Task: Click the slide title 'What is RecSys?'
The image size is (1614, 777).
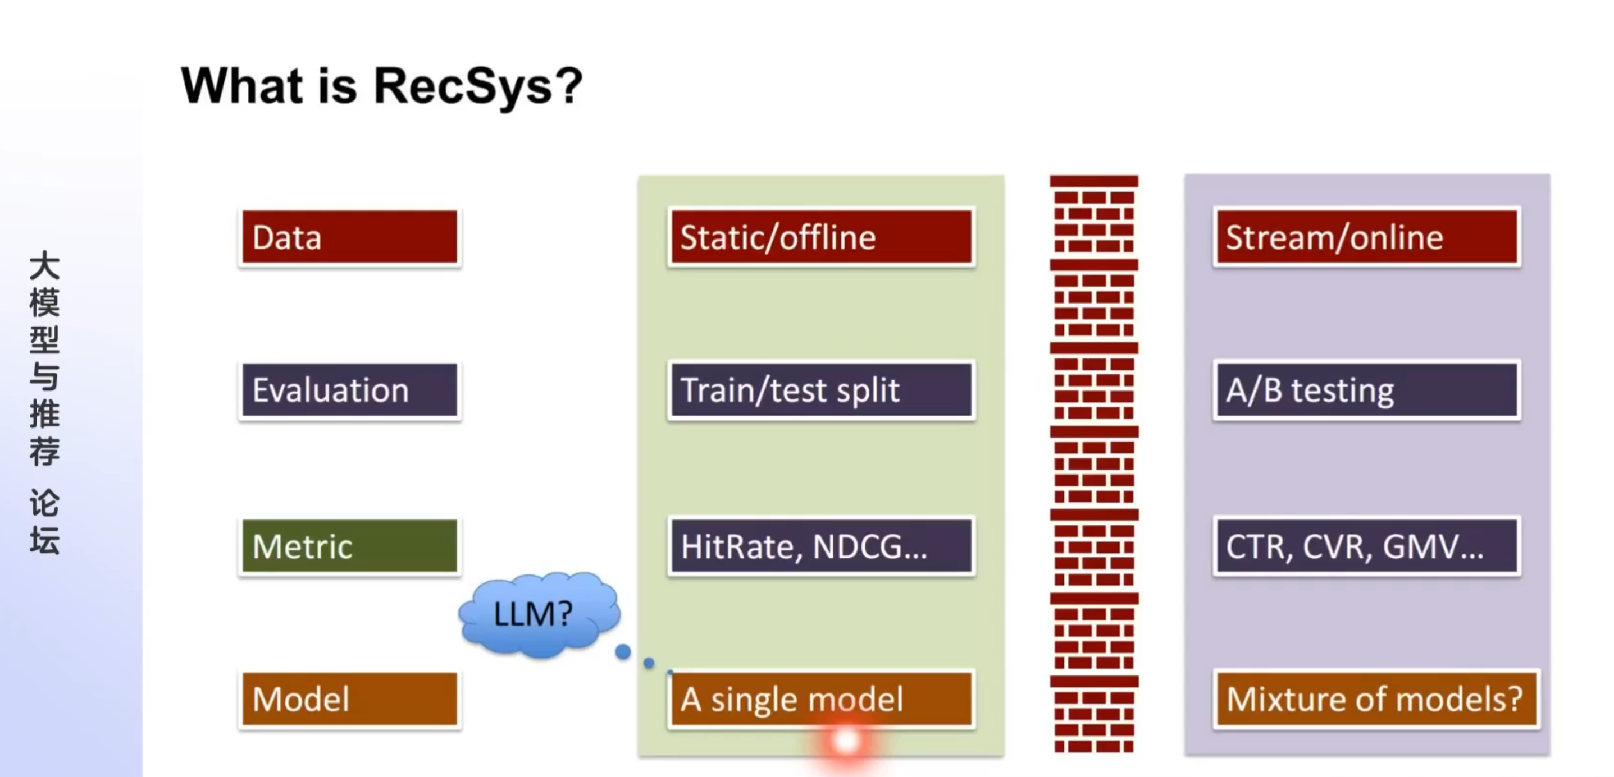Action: pos(381,86)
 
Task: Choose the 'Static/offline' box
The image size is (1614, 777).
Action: pos(821,237)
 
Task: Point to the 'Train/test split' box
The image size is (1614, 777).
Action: pos(821,390)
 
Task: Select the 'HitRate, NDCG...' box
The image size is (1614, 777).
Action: pos(821,546)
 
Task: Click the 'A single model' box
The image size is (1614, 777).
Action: pos(821,698)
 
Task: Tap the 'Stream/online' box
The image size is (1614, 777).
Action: pos(1366,237)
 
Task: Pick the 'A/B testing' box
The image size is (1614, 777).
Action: pos(1366,390)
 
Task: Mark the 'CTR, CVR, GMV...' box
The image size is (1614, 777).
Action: pos(1366,546)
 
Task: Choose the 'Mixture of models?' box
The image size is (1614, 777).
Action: pos(1375,698)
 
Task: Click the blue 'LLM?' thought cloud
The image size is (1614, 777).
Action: pos(536,614)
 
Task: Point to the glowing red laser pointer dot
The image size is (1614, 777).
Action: pos(846,741)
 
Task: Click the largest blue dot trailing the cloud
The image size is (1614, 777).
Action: pos(623,652)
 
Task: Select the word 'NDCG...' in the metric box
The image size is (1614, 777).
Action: pos(870,546)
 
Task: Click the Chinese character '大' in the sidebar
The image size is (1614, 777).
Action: pos(44,265)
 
